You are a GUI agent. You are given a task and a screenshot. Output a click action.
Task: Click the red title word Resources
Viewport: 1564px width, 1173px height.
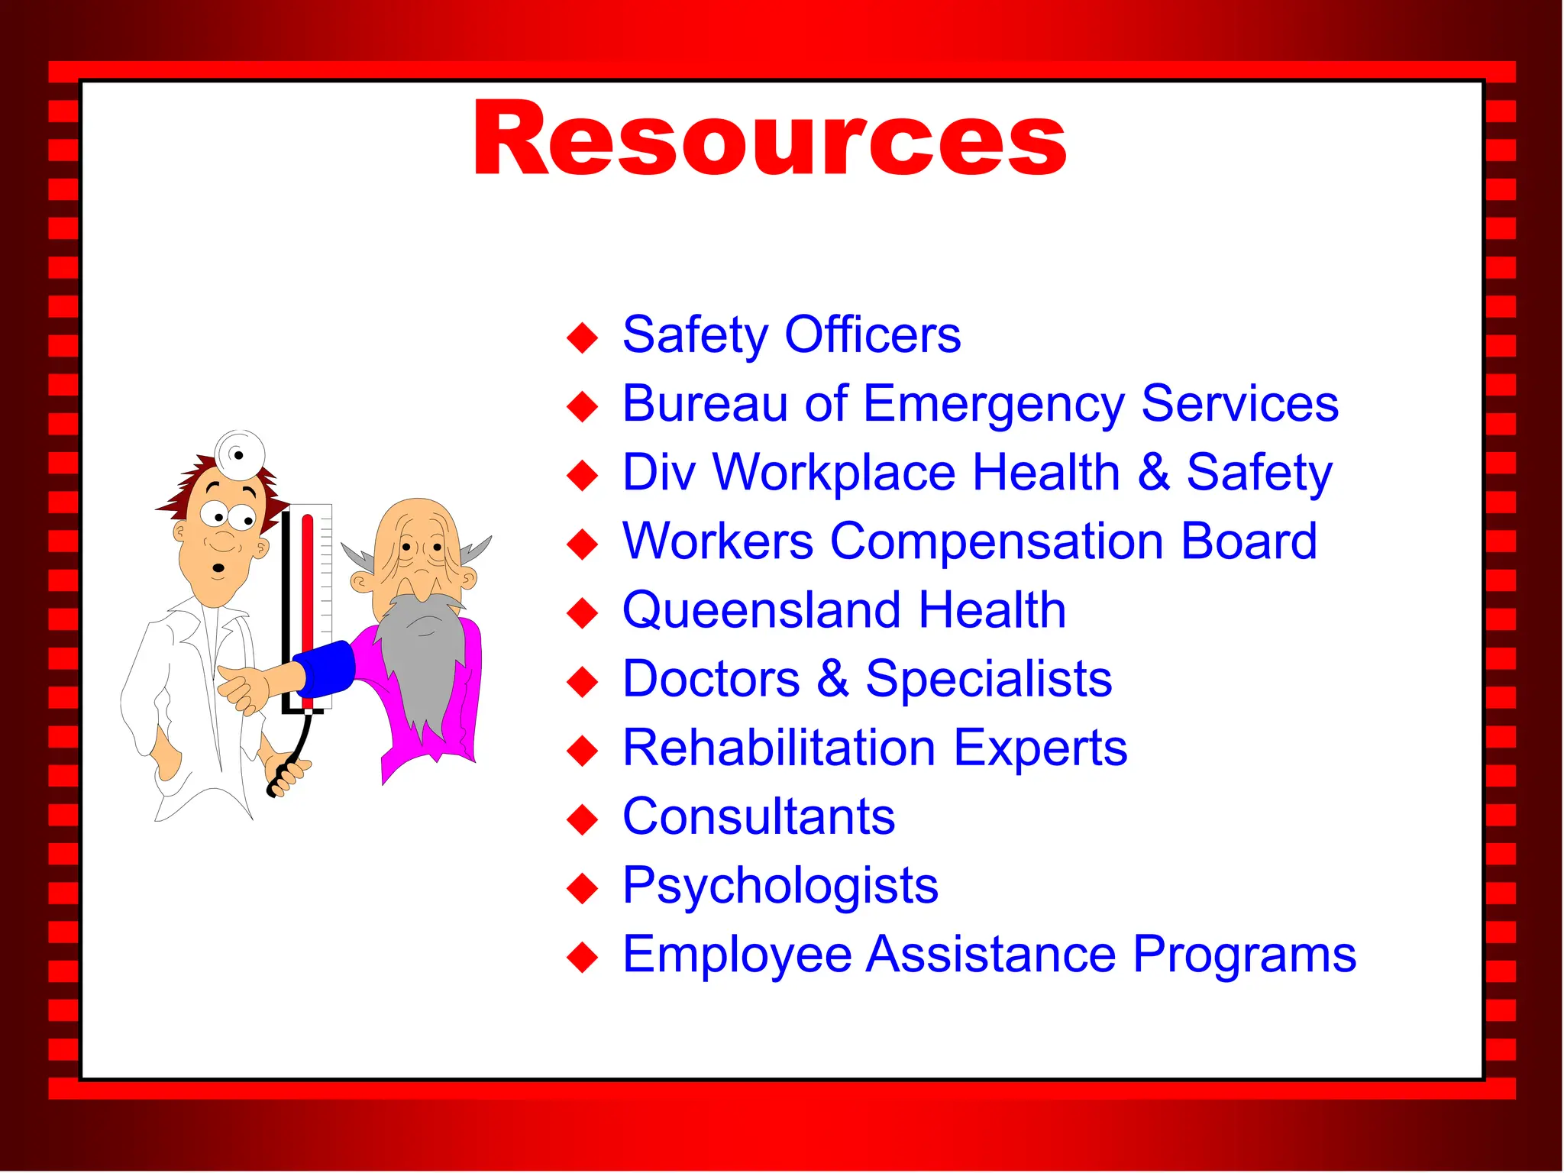(x=770, y=140)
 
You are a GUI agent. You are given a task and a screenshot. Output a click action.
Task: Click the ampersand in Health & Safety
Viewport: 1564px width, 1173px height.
(x=1153, y=472)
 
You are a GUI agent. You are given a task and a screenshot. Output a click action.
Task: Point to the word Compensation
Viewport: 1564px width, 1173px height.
(x=997, y=541)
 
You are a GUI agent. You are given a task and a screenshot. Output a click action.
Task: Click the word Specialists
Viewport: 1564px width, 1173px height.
(x=988, y=679)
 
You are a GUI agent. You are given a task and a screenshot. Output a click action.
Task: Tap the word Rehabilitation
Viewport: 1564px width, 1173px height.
(x=779, y=748)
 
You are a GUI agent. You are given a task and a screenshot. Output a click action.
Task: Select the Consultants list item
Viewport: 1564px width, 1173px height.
(x=758, y=816)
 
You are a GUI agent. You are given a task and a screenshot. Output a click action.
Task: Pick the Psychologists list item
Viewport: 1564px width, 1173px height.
(x=780, y=886)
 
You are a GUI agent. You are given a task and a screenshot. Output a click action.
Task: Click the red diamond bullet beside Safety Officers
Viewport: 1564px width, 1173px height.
(x=583, y=338)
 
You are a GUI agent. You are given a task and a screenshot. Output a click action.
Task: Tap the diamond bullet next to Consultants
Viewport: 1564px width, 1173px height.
(x=583, y=819)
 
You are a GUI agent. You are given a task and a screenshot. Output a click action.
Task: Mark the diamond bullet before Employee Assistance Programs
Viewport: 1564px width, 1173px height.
(x=583, y=958)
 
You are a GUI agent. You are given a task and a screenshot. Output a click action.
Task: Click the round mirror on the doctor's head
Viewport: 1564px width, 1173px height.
(x=240, y=454)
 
